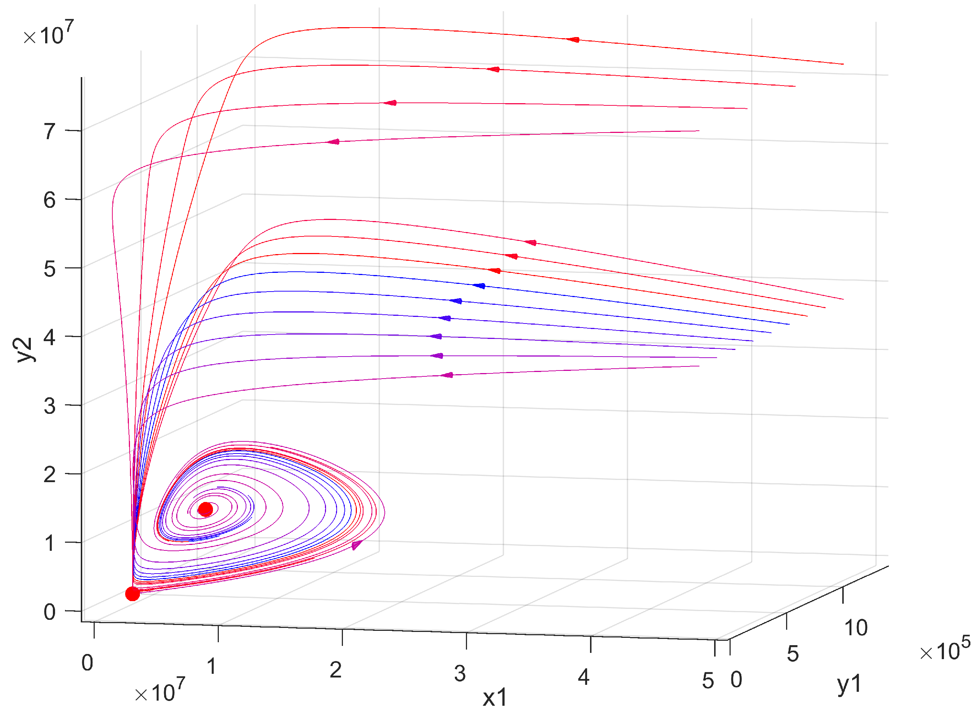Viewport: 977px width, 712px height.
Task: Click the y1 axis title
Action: point(848,685)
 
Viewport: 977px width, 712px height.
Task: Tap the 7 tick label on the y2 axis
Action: point(50,131)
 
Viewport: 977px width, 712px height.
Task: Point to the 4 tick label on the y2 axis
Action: point(50,337)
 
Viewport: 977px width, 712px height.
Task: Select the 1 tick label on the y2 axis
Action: point(50,543)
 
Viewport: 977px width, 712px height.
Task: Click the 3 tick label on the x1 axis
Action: point(460,673)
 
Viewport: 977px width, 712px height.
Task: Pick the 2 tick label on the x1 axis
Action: point(336,670)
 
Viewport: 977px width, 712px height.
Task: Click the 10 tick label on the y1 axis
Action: point(856,628)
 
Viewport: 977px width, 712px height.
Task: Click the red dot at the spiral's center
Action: point(205,509)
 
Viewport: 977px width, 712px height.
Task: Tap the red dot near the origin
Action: point(132,594)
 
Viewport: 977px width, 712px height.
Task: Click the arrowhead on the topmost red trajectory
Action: point(573,40)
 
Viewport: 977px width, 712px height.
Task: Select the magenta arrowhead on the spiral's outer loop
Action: point(357,545)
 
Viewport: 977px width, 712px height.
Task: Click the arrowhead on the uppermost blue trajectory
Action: point(479,286)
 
